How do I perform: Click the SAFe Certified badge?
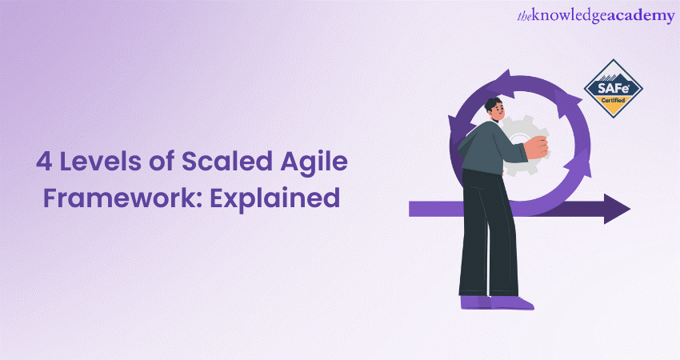[614, 87]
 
